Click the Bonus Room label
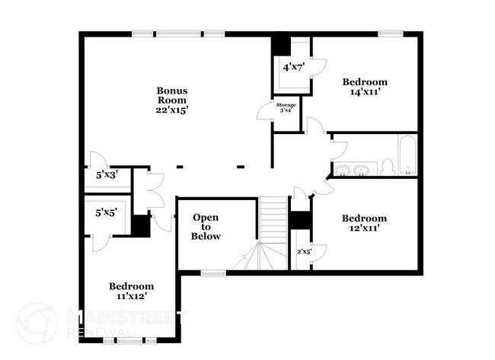(x=172, y=95)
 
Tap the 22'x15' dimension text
(x=172, y=110)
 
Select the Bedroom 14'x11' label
(x=365, y=87)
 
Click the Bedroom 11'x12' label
(x=132, y=292)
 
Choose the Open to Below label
(x=206, y=226)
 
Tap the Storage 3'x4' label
(x=286, y=107)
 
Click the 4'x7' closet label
(x=292, y=68)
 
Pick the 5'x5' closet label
(x=106, y=214)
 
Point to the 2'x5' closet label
(x=304, y=251)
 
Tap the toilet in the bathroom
(x=387, y=166)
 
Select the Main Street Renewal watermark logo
(x=37, y=324)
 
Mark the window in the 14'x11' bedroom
(x=391, y=33)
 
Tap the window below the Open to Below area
(x=213, y=272)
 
